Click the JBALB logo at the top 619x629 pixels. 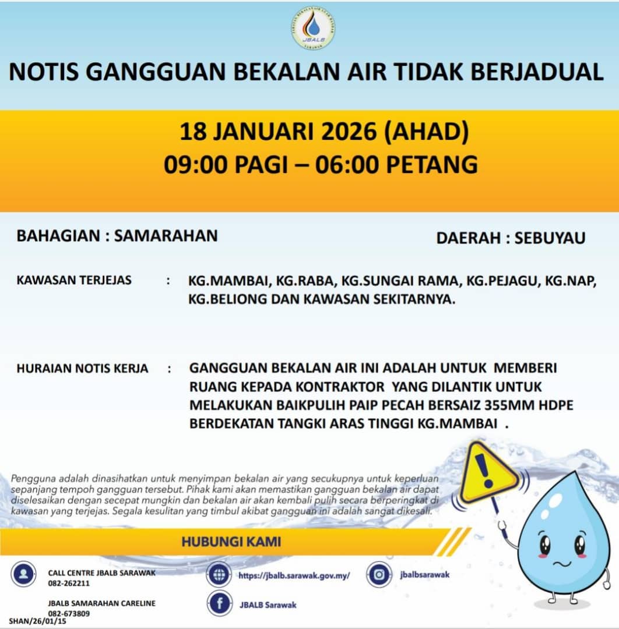(x=313, y=29)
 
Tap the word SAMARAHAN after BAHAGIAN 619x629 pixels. (x=166, y=236)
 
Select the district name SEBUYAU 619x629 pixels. (x=550, y=238)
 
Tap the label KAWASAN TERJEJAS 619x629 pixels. (x=74, y=280)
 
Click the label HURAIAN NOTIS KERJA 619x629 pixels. (x=82, y=369)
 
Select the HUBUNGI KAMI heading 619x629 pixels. (x=231, y=542)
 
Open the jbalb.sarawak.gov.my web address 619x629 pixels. (x=294, y=575)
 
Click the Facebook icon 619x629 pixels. (x=220, y=604)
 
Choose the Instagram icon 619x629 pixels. (x=379, y=575)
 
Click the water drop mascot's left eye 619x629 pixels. (x=544, y=545)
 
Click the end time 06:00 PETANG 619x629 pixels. (x=396, y=164)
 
